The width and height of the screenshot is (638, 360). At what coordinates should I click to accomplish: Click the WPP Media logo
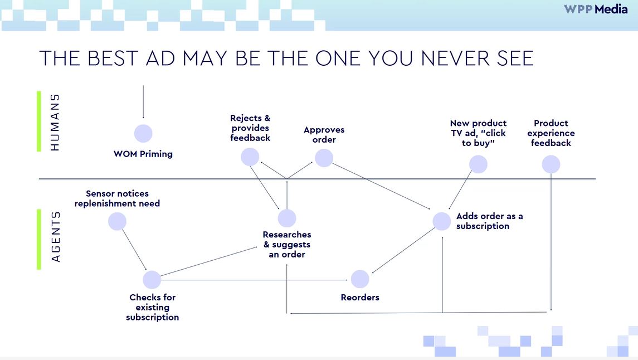(596, 9)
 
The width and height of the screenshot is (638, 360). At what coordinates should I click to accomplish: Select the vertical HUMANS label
(55, 122)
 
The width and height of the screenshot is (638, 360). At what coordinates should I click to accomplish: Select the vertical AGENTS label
(55, 236)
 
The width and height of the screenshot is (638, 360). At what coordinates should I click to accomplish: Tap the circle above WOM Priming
(143, 133)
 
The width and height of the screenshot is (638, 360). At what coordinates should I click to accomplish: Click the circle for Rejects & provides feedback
(250, 157)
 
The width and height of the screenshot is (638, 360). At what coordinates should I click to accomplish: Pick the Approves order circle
(324, 158)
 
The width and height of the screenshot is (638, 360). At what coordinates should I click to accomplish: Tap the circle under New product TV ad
(478, 164)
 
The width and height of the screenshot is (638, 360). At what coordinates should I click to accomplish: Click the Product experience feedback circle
(551, 164)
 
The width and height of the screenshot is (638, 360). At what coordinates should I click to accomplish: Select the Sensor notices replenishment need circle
(117, 222)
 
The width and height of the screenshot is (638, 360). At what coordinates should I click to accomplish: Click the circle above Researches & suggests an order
(287, 218)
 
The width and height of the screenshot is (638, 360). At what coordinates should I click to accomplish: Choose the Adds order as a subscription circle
(441, 221)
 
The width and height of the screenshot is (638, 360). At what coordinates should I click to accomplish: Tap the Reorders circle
(360, 279)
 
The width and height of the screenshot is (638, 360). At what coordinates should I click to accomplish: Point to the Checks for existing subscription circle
(152, 279)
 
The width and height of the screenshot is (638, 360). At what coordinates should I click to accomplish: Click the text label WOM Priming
(143, 154)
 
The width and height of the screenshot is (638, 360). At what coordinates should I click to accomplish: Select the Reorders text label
(360, 298)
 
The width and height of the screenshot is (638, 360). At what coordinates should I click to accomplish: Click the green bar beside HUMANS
(39, 121)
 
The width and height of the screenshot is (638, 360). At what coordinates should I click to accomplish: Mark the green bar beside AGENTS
(39, 239)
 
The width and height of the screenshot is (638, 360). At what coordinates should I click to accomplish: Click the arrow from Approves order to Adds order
(381, 186)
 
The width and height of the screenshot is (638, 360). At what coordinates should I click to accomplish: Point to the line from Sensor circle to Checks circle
(134, 250)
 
